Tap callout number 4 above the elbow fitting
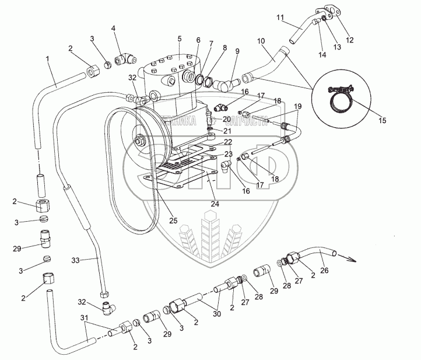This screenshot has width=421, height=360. click(x=113, y=28)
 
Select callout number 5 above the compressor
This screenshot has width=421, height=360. click(x=180, y=39)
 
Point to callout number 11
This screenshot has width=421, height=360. click(x=279, y=18)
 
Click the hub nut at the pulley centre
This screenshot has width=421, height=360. click(x=140, y=141)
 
